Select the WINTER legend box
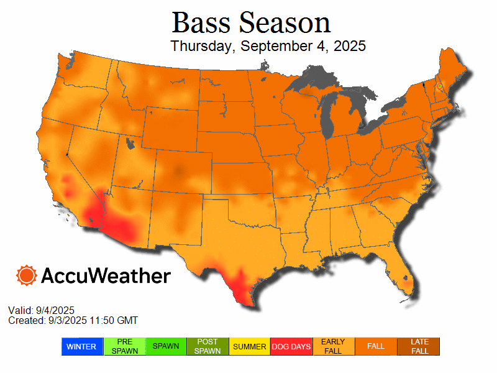tap(82, 346)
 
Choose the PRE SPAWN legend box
tap(124, 346)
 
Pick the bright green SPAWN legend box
tap(166, 346)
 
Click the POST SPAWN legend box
tap(208, 346)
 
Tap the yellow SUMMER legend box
tap(250, 346)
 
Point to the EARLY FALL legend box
tap(334, 346)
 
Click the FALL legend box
tap(376, 346)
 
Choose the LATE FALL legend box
tap(419, 346)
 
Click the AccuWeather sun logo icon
tap(27, 275)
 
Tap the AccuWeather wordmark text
tap(106, 276)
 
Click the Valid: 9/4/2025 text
tap(41, 310)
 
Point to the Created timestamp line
tap(73, 320)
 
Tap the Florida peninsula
tap(397, 274)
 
